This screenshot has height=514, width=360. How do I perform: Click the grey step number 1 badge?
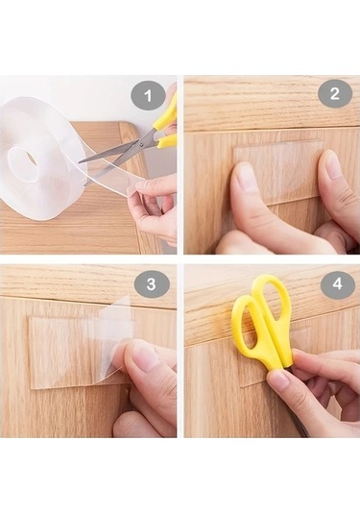(148, 96)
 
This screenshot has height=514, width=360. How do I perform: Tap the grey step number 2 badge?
(335, 94)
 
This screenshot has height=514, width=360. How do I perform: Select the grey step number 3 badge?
(151, 283)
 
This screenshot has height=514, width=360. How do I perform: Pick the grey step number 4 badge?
(338, 283)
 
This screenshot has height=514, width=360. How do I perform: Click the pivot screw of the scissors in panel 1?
(141, 143)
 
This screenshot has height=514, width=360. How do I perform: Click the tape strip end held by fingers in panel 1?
(131, 185)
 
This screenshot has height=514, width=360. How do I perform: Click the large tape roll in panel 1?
(41, 160)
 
